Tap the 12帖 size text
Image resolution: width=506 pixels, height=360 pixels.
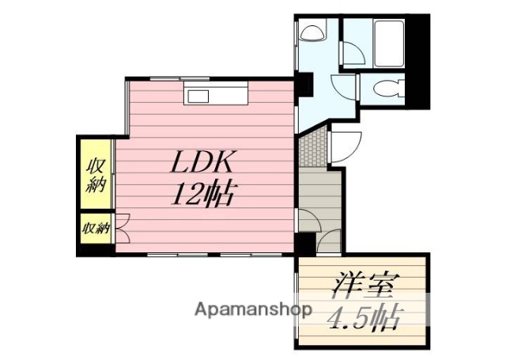[204, 192]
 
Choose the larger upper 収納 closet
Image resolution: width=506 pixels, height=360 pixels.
[96, 175]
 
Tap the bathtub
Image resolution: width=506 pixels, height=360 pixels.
[390, 45]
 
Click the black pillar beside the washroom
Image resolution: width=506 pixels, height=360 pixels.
[304, 82]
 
